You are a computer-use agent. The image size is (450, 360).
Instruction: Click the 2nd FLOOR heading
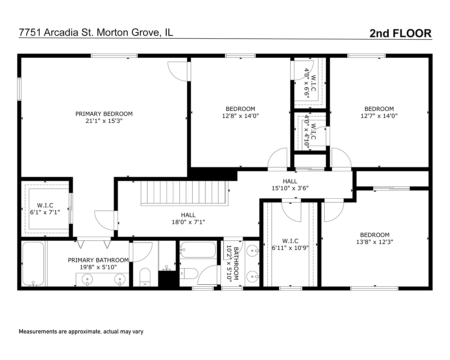point(400,33)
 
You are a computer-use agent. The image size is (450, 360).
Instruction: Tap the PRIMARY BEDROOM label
point(104,114)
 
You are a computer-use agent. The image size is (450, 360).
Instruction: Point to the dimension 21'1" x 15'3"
point(104,121)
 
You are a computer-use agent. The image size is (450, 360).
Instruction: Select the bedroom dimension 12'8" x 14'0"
point(240,116)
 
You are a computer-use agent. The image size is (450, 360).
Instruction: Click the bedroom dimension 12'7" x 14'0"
point(379,116)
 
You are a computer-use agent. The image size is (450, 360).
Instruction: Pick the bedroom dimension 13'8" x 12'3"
point(375,242)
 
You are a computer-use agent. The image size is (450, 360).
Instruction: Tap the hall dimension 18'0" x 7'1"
point(188,222)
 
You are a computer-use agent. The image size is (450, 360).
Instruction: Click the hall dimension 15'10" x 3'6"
point(290,188)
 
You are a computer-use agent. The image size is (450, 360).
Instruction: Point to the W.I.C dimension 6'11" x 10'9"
point(290,248)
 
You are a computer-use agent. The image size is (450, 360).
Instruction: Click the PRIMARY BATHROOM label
point(98,260)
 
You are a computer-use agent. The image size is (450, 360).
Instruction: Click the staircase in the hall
point(184,193)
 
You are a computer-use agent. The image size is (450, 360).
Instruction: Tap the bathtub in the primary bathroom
point(33,264)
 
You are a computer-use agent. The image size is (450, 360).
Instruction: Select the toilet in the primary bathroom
point(145,277)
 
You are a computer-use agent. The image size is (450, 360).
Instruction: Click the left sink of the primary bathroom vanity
point(87,279)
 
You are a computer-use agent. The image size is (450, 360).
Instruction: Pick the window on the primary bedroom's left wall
point(19,89)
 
